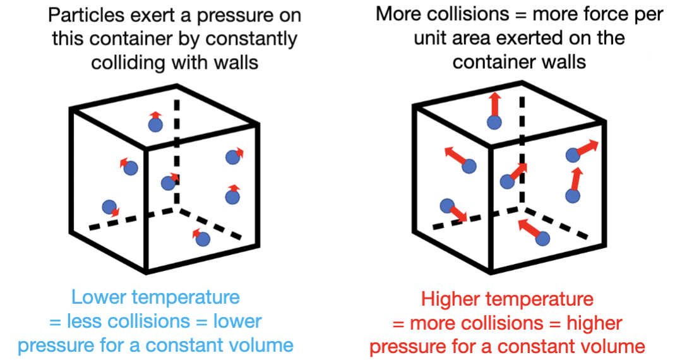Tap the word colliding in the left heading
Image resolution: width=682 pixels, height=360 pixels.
click(129, 63)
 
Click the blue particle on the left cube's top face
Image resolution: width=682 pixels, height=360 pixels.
click(155, 125)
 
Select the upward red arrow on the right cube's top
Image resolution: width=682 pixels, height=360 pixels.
click(494, 104)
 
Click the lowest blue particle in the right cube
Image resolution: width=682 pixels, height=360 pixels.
click(542, 237)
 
